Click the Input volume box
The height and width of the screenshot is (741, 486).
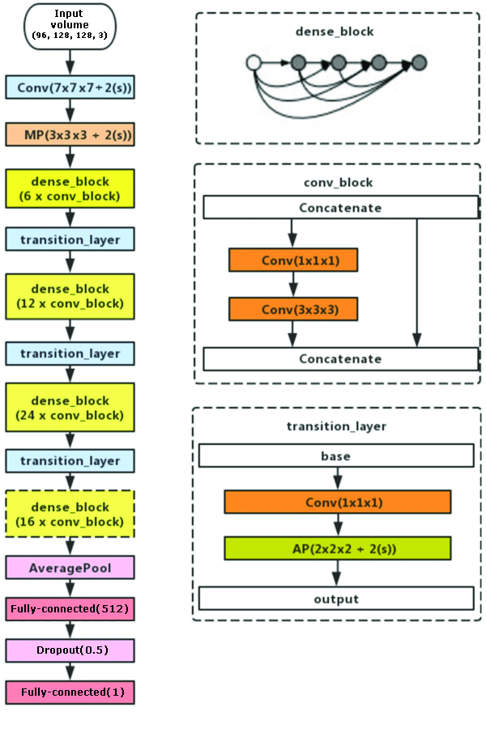click(70, 27)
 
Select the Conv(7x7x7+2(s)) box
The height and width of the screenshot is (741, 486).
click(70, 87)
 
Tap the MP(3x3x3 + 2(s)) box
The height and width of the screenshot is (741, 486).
click(70, 134)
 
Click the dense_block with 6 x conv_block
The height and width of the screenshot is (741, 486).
click(70, 188)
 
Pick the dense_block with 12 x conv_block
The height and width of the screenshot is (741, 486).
click(70, 296)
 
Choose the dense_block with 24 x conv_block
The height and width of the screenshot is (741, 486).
click(70, 408)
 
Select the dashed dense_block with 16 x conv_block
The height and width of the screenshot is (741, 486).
click(70, 514)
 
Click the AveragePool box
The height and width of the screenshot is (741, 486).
click(70, 568)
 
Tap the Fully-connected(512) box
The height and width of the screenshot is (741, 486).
click(70, 608)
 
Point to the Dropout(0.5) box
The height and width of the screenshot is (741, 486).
click(70, 650)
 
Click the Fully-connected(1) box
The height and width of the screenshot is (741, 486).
click(70, 692)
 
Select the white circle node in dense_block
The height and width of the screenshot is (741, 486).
click(254, 62)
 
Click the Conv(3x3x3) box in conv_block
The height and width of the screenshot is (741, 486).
click(293, 309)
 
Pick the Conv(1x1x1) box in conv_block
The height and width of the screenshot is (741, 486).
click(293, 260)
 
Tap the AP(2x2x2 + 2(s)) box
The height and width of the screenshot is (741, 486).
click(338, 548)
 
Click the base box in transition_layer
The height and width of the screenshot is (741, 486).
click(336, 455)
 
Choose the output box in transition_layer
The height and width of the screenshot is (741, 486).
click(336, 599)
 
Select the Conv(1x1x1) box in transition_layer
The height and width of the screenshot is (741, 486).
click(338, 502)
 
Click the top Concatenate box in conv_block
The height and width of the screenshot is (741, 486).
click(341, 207)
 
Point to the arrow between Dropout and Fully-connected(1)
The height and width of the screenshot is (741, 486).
click(70, 671)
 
